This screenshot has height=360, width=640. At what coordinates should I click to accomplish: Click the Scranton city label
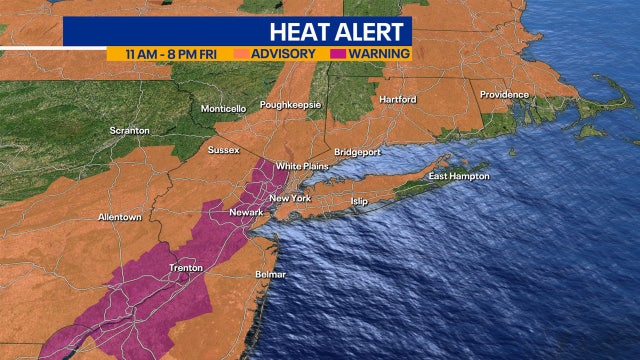130,130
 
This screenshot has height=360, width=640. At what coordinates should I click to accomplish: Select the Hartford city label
397,100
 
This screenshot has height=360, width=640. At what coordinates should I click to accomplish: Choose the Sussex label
224,150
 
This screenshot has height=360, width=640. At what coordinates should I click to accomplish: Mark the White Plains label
302,166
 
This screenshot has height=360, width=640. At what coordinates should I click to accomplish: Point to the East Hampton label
459,176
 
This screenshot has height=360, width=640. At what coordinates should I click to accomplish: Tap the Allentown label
120,217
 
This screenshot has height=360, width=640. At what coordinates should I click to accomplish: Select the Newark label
246,212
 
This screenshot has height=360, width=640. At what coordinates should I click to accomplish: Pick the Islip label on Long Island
359,201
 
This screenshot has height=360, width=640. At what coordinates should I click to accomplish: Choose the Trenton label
186,268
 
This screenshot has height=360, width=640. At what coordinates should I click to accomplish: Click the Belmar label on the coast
270,274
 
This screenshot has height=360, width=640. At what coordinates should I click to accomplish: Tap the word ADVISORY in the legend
284,53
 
